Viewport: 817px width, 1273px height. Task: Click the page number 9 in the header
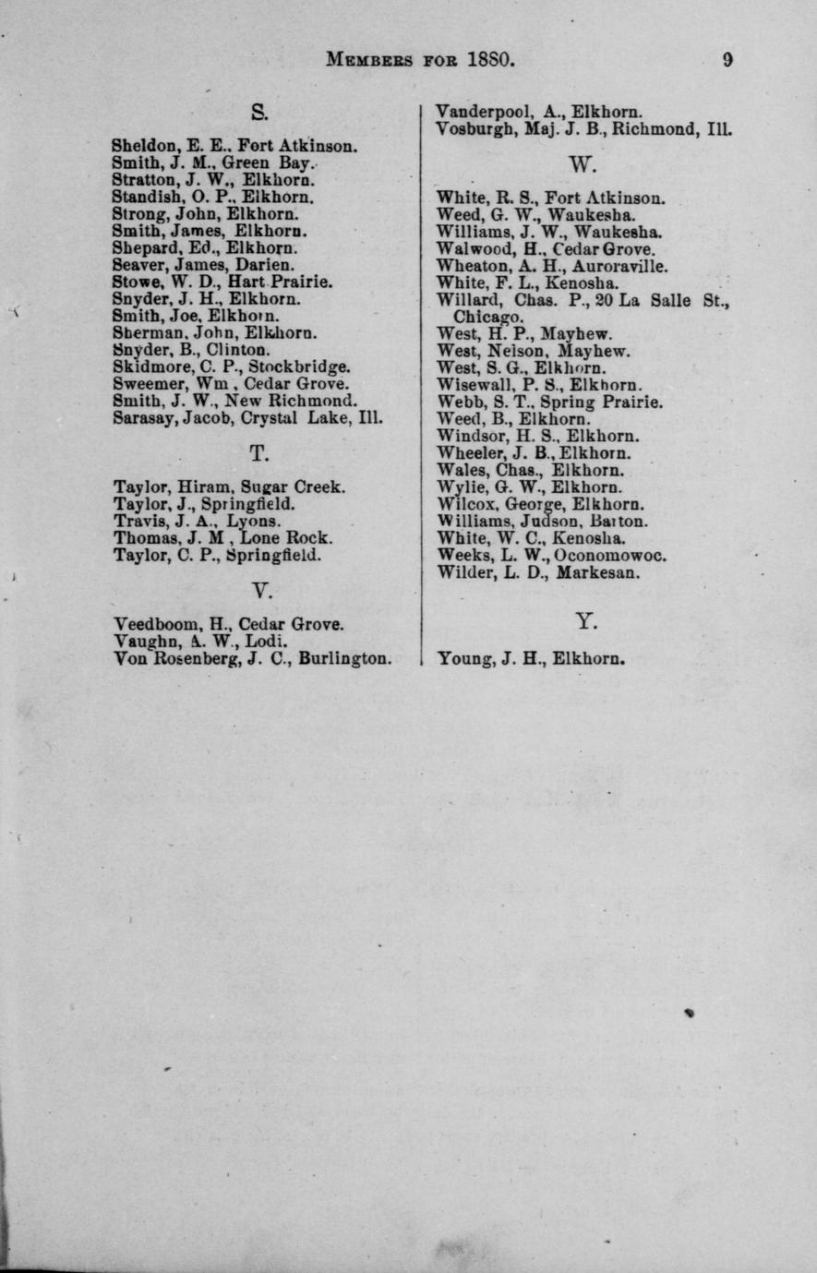(x=728, y=60)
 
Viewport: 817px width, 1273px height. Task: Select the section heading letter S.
(x=258, y=114)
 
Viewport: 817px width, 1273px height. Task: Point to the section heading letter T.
(x=258, y=453)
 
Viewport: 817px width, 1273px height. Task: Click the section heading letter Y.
(x=586, y=622)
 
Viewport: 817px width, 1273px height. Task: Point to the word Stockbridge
(x=299, y=366)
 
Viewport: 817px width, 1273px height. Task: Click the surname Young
(x=463, y=659)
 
